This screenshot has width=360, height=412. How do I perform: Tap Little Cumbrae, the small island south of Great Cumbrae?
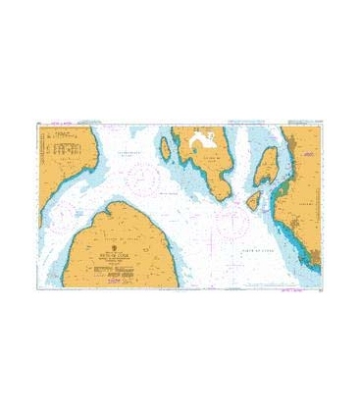click(x=253, y=200)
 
